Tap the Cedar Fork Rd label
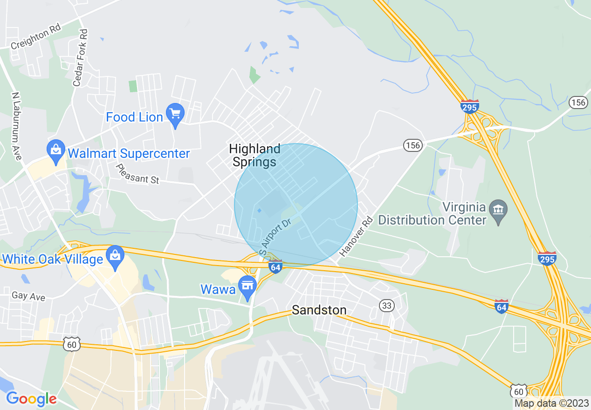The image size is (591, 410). [x=80, y=58]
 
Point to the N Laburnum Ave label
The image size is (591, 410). [x=17, y=126]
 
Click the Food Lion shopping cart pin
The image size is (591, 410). [x=176, y=114]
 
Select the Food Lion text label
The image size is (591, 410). [x=134, y=117]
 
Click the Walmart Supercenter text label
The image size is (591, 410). [x=129, y=153]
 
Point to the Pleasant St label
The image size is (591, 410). [x=137, y=174]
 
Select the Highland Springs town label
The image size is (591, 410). [x=254, y=155]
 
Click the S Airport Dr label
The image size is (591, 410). [x=275, y=236]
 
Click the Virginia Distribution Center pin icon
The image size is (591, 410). [x=499, y=210]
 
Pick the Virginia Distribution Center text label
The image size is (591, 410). [x=432, y=213]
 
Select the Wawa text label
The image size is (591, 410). [x=218, y=289]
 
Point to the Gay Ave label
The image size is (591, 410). [x=28, y=296]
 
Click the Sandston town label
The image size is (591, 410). [x=319, y=310]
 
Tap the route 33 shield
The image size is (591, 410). [x=387, y=306]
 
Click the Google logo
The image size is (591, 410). [x=31, y=399]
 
